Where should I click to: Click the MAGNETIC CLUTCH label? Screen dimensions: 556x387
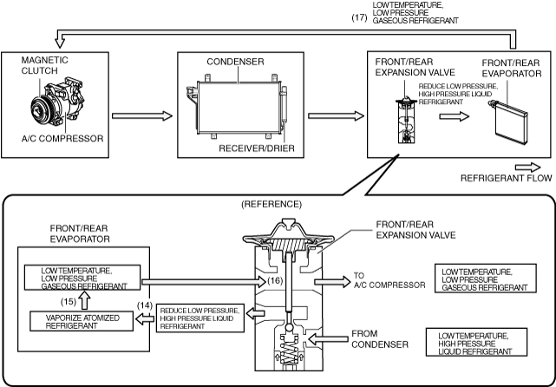point(44,65)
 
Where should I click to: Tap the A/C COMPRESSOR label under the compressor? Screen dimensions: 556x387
point(62,138)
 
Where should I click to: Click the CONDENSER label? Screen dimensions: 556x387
point(235,62)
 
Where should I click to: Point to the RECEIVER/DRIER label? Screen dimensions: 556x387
point(257,148)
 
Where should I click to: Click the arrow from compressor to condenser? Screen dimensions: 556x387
point(142,115)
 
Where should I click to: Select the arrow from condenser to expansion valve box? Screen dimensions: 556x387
point(337,115)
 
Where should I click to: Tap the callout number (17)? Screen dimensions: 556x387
point(359,17)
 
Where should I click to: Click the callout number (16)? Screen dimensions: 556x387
point(275,280)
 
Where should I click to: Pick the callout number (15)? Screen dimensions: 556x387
point(69,301)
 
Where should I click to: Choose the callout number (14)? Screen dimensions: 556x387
point(145,305)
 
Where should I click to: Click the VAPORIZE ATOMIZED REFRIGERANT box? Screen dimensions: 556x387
point(82,321)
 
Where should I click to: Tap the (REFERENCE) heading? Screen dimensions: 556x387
point(271,204)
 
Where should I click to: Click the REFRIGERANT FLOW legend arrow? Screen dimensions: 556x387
point(527,167)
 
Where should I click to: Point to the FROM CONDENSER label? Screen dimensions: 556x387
point(380,339)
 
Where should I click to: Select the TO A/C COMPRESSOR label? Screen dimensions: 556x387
point(389,280)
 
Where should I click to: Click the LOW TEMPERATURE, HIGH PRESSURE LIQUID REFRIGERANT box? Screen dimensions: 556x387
point(476,342)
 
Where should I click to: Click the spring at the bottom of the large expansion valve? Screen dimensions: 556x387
point(288,350)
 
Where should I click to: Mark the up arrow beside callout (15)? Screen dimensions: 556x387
point(84,300)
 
